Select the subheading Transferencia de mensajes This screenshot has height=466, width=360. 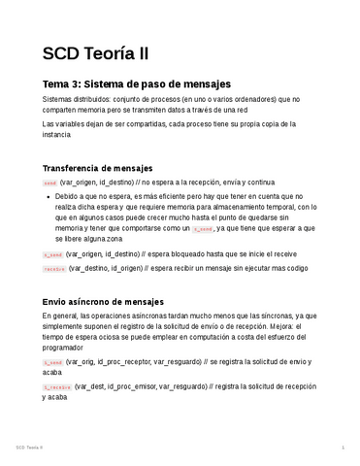(97, 168)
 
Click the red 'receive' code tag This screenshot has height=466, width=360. (54, 268)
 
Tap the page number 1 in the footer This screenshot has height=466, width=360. (344, 448)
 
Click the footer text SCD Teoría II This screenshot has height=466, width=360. (35, 448)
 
